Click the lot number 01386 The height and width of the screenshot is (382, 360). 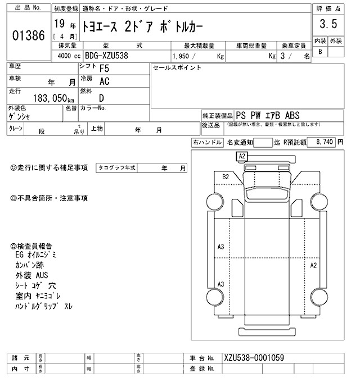[28, 35]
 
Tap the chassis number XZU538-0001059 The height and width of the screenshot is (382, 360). [253, 358]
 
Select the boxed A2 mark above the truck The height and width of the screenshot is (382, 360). [242, 156]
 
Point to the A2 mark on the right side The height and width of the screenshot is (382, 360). [314, 265]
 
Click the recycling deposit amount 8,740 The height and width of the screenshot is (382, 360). [324, 143]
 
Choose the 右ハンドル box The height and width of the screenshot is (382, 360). [207, 143]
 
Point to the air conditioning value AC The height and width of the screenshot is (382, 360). [104, 81]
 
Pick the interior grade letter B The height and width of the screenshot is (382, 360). [321, 52]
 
